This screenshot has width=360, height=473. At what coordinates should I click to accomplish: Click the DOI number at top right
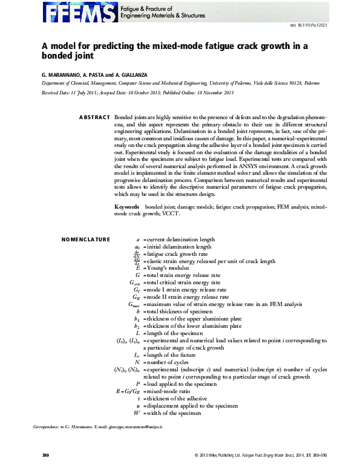(x=309, y=25)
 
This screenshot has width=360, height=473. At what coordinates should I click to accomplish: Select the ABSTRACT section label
(x=95, y=117)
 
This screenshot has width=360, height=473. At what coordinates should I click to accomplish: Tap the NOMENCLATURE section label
(x=86, y=240)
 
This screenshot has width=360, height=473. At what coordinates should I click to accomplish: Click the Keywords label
(x=129, y=207)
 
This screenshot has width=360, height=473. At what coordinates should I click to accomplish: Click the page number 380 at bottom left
(x=45, y=455)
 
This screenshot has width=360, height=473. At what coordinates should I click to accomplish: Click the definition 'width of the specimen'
(x=172, y=413)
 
